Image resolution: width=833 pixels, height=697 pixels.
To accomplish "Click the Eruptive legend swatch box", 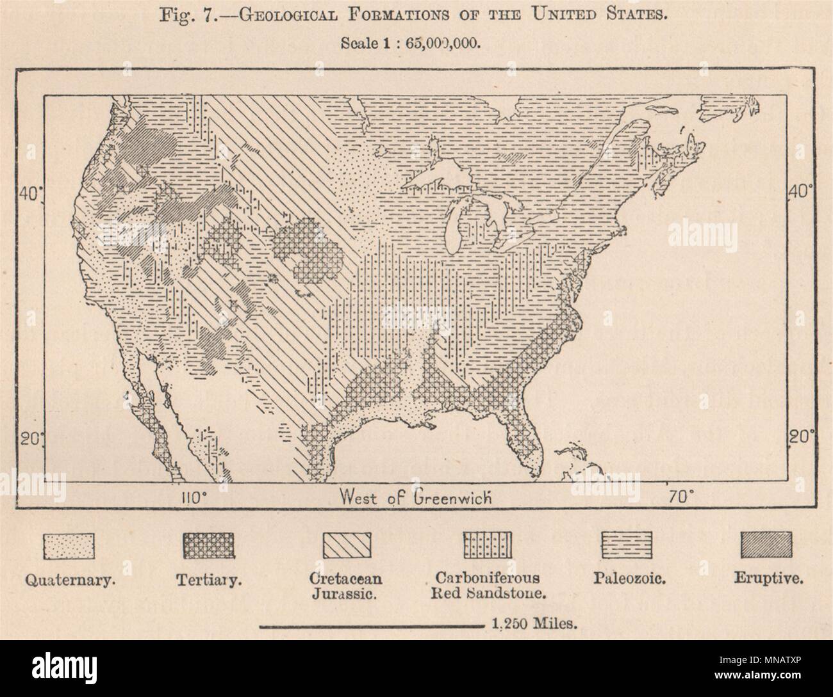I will [x=766, y=546].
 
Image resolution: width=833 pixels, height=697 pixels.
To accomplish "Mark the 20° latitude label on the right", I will [x=802, y=438].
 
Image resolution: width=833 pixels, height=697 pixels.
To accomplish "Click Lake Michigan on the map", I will [x=456, y=224].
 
